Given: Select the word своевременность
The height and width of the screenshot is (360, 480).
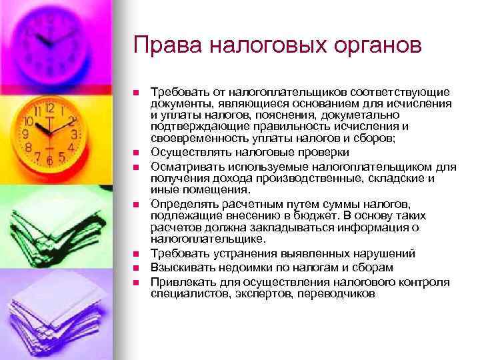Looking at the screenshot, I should (193, 137).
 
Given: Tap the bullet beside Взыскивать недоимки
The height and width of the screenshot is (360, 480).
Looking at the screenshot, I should (135, 268).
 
